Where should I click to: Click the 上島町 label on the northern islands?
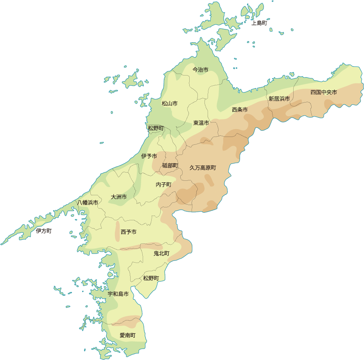click(259, 23)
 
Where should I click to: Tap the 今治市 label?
click(200, 70)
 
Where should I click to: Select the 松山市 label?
click(170, 104)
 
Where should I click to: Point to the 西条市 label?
click(240, 110)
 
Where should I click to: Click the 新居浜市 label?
click(279, 99)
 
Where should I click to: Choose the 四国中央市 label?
click(324, 92)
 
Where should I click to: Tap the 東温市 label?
click(201, 123)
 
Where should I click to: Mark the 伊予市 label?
click(149, 156)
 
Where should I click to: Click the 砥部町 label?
click(170, 166)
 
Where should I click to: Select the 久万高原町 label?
click(203, 167)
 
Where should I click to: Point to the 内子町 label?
click(163, 184)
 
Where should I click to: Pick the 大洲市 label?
click(118, 197)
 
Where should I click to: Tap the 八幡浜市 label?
click(88, 203)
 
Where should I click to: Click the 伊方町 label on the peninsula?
click(43, 231)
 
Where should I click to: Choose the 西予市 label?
click(129, 232)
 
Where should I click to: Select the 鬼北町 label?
click(161, 254)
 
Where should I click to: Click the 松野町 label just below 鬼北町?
click(151, 278)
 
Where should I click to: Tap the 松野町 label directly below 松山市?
click(156, 128)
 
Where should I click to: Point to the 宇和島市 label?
click(118, 294)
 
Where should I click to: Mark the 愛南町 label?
click(127, 335)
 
